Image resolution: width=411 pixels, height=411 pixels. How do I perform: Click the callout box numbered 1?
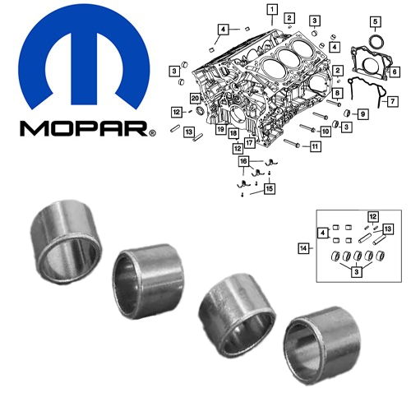(272, 10)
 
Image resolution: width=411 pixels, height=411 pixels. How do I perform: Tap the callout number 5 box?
(376, 21)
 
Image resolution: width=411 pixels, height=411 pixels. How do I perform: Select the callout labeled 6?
(395, 72)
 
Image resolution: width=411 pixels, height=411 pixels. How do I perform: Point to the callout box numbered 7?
(393, 101)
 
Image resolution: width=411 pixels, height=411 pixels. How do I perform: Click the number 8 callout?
(337, 93)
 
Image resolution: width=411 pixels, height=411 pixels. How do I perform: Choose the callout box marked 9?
(363, 114)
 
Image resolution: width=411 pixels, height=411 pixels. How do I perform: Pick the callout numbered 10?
(326, 132)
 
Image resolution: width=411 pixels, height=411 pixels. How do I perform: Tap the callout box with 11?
(315, 146)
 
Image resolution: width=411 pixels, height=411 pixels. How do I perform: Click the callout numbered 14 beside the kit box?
(303, 248)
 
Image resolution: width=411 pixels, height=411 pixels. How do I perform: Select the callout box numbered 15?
(270, 189)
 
